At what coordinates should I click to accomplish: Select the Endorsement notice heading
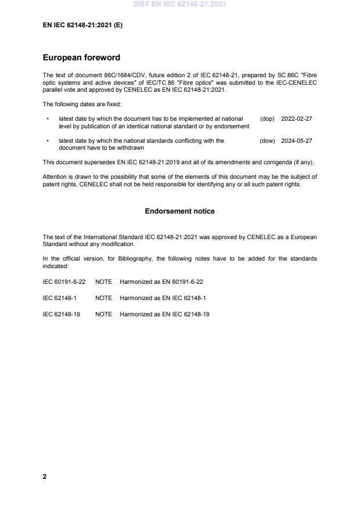click(179, 211)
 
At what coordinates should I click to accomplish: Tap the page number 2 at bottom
click(45, 476)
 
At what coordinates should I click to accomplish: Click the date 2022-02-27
click(297, 118)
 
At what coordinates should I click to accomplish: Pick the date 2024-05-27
click(297, 140)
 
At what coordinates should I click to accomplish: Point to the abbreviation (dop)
click(267, 118)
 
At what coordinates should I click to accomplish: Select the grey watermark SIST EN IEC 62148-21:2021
click(179, 5)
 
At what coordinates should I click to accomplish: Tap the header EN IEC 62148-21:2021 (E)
click(82, 26)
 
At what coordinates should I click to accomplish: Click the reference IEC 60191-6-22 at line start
click(64, 281)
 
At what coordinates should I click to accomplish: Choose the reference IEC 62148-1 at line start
click(60, 298)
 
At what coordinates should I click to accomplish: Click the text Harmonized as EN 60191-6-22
click(161, 281)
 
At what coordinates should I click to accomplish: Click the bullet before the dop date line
click(46, 118)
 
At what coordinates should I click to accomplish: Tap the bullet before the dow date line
click(46, 140)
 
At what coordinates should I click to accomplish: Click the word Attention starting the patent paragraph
click(55, 176)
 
